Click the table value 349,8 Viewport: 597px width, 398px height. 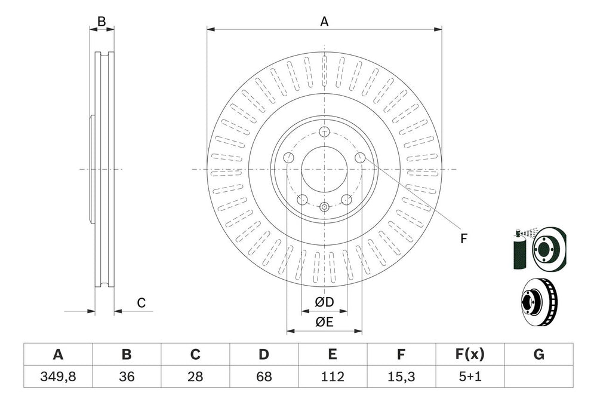pos(58,377)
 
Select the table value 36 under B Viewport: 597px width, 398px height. pos(127,377)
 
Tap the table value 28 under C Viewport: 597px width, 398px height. pos(195,377)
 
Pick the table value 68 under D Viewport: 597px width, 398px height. pos(264,377)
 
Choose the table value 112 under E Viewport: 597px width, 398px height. pos(333,377)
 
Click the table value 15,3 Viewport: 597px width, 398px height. pos(401,377)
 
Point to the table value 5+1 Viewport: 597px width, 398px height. pos(470,377)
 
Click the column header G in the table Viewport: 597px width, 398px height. pos(538,354)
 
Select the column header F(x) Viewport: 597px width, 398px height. pos(470,354)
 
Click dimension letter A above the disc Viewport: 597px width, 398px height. pos(324,22)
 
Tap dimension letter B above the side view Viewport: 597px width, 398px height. pos(101,22)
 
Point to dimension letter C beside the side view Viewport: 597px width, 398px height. pos(141,303)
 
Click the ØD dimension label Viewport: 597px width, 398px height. pos(324,301)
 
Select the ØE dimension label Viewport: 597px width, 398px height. pos(324,322)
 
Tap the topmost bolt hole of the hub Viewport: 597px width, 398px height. pos(324,132)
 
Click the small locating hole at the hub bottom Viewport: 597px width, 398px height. pos(324,207)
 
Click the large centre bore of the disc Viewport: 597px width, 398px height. pos(324,169)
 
